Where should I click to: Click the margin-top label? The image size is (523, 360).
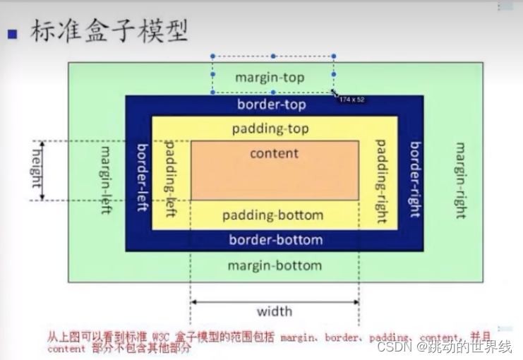tap(270, 77)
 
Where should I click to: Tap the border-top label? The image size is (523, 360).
tap(272, 105)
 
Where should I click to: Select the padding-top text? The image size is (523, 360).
tap(270, 129)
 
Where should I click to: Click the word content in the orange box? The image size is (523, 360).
tap(275, 153)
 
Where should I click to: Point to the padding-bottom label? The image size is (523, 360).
tap(272, 215)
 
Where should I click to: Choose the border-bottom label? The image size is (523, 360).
tap(275, 240)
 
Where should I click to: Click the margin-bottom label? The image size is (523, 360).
tap(275, 265)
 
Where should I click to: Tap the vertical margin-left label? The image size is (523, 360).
tap(107, 181)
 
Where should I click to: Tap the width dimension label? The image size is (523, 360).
tap(274, 311)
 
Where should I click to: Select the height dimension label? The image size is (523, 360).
tap(34, 171)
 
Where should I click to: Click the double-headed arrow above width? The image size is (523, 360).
tap(274, 302)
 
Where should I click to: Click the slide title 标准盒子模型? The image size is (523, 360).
tap(109, 32)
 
